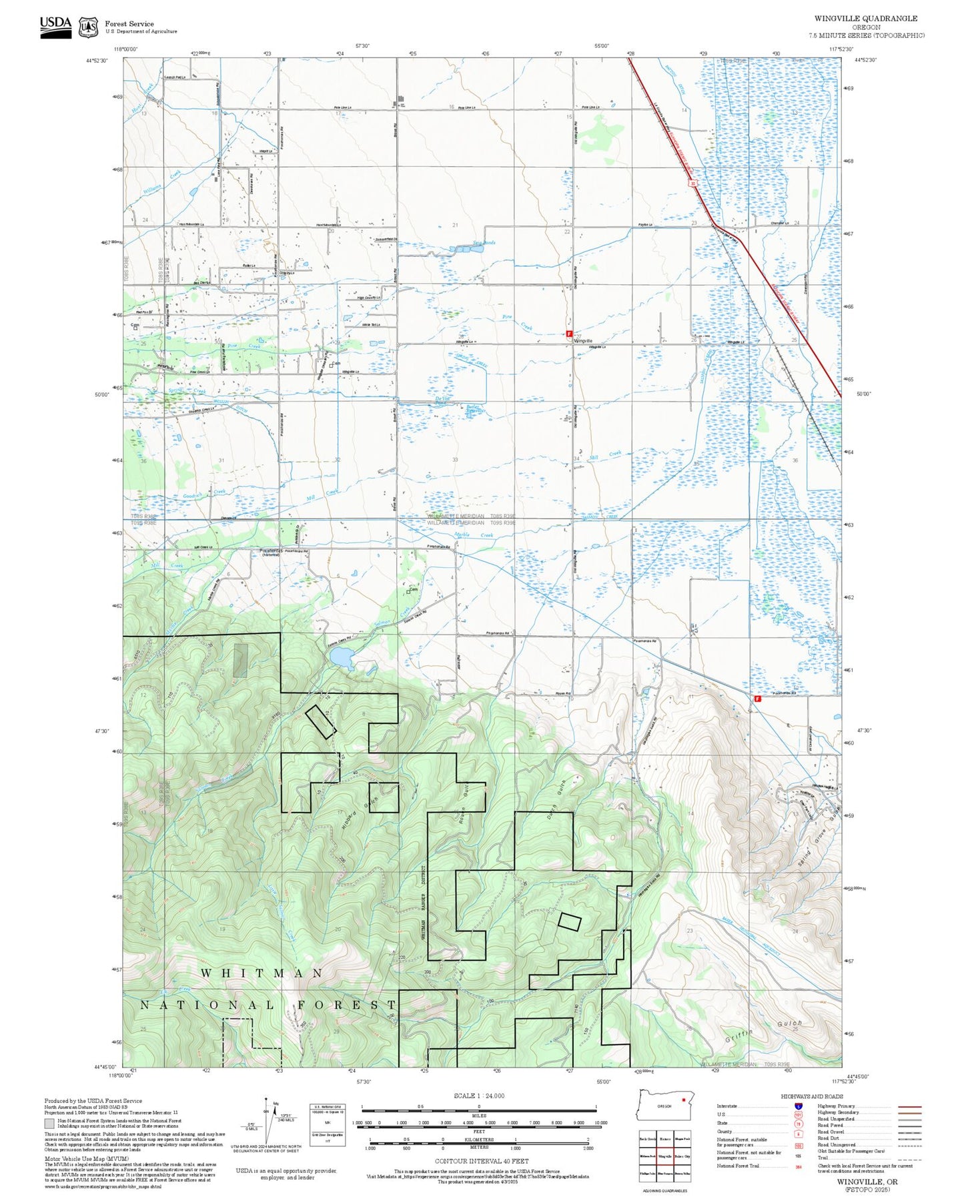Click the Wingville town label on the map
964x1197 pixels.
583,340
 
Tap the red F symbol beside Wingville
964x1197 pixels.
569,333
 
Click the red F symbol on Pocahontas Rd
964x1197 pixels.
757,699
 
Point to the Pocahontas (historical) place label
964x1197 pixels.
270,552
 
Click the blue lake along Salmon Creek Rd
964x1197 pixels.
340,659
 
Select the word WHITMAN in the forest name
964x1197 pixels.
262,973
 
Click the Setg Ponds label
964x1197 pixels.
484,243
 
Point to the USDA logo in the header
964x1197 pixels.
55,25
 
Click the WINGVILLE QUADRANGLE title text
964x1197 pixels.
865,19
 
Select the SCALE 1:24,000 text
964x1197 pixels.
479,1096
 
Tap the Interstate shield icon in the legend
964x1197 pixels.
798,1106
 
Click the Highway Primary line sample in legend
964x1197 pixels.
909,1106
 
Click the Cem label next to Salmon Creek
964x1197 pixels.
413,590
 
